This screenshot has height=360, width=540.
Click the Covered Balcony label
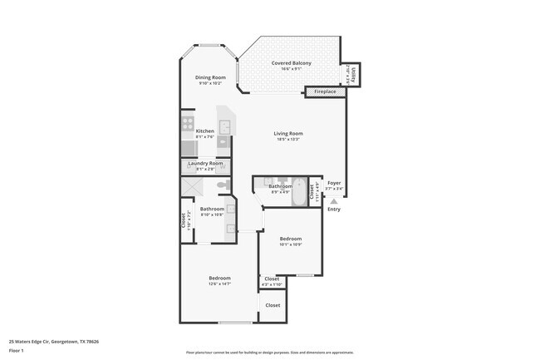pyautogui.click(x=292, y=64)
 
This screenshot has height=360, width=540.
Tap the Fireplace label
pyautogui.click(x=325, y=91)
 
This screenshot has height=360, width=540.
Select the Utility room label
pyautogui.click(x=353, y=75)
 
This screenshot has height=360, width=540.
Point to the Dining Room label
pyautogui.click(x=210, y=77)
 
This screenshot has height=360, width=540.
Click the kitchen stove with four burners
pyautogui.click(x=187, y=125)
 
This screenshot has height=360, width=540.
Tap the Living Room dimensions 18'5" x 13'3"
pyautogui.click(x=288, y=139)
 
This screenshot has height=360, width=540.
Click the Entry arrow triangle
pyautogui.click(x=334, y=200)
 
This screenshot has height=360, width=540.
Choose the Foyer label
pyautogui.click(x=334, y=183)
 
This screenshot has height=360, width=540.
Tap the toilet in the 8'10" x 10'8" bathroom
pyautogui.click(x=222, y=185)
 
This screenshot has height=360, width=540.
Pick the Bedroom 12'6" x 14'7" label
pyautogui.click(x=219, y=278)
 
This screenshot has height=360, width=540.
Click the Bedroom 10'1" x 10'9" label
pyautogui.click(x=290, y=239)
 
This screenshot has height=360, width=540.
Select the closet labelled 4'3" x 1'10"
pyautogui.click(x=272, y=280)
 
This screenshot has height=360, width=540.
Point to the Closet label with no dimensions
pyautogui.click(x=272, y=305)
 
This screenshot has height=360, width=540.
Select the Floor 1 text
pyautogui.click(x=17, y=351)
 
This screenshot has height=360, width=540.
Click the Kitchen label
pyautogui.click(x=204, y=131)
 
